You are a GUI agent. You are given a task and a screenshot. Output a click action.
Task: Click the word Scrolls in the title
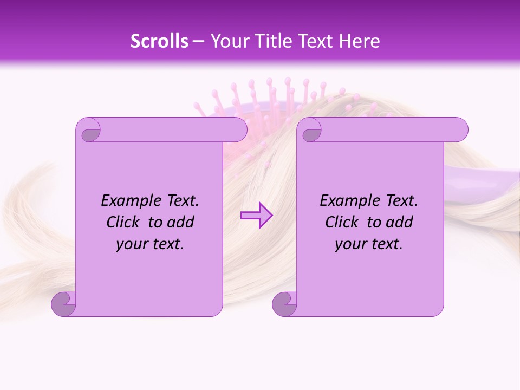pos(159,41)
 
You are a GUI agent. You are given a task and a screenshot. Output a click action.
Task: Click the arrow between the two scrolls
pos(256,216)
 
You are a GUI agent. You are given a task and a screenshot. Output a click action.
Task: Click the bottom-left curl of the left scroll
pos(64,303)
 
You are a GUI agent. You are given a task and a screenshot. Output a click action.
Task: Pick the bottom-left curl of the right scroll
pos(284,303)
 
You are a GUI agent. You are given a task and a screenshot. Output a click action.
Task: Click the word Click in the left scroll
pos(123,223)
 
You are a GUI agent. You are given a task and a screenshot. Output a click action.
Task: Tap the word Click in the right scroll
pos(342,223)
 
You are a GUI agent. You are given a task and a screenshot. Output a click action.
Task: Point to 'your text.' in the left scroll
pos(150,244)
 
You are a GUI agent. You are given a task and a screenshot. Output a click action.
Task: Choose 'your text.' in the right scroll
pos(369,244)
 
